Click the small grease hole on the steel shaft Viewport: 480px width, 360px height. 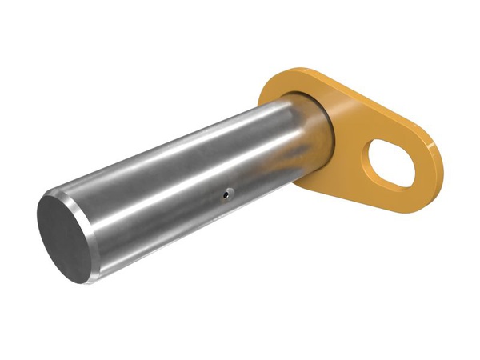(x=227, y=192)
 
